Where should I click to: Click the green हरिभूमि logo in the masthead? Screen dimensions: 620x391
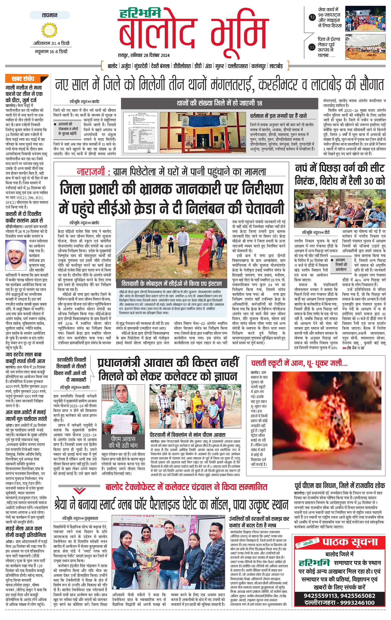click(x=140, y=13)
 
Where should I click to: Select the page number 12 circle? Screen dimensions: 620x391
click(x=312, y=17)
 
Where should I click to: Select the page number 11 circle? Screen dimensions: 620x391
click(x=312, y=47)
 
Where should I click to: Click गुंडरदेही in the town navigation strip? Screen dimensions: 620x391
click(x=141, y=66)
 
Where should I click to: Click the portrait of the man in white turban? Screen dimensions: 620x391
click(x=16, y=254)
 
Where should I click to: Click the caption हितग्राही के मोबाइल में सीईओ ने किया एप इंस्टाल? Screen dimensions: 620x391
click(x=171, y=283)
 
